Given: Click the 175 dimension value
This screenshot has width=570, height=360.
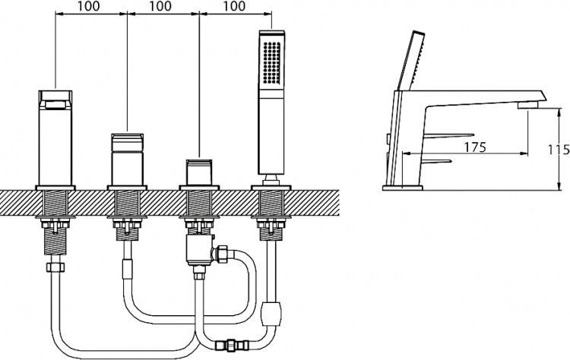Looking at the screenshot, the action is coord(475,147).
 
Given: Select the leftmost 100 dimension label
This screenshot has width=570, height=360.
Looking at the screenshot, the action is coord(88,6).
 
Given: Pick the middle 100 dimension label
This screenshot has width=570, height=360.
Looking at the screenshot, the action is coord(160,6).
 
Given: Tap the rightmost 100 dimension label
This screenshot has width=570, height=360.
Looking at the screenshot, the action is coord(233,6).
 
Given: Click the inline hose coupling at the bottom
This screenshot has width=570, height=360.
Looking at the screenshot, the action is coord(232,344).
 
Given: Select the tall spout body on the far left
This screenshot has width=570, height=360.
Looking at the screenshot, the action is coord(55,137).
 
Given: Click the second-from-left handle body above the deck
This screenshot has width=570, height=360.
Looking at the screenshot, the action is coord(127,159).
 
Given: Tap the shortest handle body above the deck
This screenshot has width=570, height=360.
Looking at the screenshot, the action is coord(199,172).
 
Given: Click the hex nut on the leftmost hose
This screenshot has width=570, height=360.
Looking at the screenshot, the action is coord(55,267).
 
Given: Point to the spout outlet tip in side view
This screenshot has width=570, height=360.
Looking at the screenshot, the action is coord(528,106).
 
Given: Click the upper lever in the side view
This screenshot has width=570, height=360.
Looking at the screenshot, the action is coord(449,135).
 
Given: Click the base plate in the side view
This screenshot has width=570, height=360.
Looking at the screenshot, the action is coord(402,188).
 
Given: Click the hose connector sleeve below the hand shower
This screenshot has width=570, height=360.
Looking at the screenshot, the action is coord(271,313).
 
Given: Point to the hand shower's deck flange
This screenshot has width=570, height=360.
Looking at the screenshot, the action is coord(271,188).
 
